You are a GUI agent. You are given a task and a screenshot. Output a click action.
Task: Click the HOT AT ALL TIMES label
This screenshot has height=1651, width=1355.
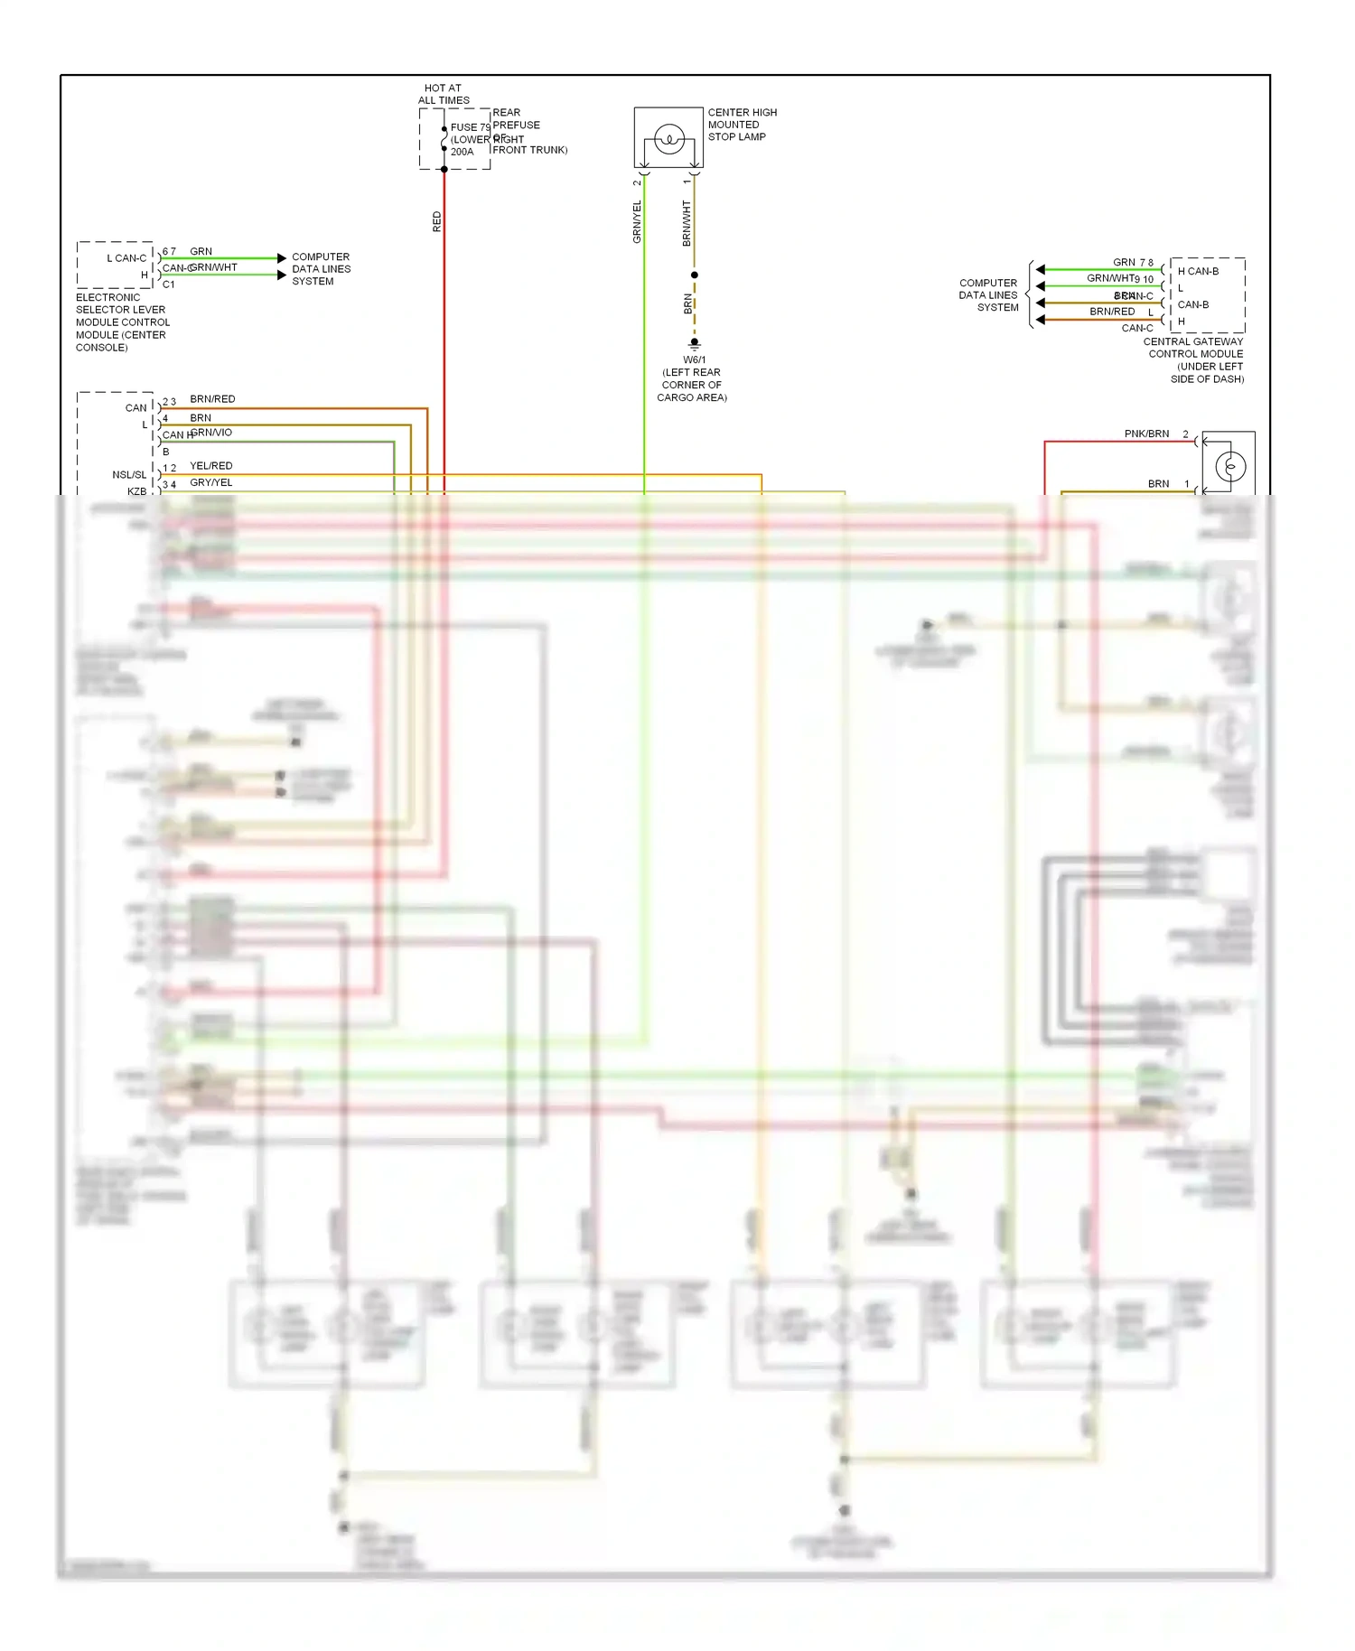pos(444,94)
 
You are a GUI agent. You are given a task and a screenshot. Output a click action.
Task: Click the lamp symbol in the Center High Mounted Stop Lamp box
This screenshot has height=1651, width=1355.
pos(669,139)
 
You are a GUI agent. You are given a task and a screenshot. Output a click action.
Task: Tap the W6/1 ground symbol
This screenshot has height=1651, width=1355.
pos(694,343)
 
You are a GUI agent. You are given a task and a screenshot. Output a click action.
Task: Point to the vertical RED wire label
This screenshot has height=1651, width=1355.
pos(437,222)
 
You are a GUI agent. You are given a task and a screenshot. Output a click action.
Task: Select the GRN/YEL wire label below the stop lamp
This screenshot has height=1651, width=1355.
pos(637,222)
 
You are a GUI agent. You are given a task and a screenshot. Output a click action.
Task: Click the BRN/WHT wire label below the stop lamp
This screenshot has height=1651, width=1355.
pos(687,224)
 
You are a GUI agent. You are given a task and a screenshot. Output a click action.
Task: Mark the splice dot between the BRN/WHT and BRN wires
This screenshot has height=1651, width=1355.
pos(694,275)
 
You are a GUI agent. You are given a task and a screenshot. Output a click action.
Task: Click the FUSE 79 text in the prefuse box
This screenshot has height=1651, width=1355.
pos(470,127)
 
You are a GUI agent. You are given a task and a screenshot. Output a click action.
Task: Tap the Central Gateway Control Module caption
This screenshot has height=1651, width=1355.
pos(1195,360)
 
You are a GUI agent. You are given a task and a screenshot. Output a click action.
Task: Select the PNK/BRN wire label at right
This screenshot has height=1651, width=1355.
pos(1146,434)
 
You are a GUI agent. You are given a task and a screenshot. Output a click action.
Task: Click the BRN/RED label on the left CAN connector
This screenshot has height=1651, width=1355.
pos(212,399)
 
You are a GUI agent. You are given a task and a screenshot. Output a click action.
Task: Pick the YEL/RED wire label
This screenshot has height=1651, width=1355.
pos(210,466)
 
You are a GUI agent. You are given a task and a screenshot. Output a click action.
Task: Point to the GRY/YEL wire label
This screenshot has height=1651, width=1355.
pos(210,482)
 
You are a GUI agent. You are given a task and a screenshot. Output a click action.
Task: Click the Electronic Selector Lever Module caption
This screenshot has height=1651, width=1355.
pos(122,322)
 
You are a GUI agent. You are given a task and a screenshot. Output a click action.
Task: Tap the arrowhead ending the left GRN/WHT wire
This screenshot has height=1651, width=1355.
pos(282,275)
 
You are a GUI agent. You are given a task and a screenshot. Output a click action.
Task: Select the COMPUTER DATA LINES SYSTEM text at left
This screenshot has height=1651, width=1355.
pos(321,269)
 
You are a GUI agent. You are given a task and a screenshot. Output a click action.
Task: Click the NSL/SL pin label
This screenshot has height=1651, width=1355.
pos(129,474)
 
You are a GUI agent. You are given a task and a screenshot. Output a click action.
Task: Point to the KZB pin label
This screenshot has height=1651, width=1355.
pos(136,491)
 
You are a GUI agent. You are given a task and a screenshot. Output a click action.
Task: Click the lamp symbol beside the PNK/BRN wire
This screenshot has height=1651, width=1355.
pos(1230,466)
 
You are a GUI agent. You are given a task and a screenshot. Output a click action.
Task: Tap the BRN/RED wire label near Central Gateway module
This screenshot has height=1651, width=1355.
pos(1112,312)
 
